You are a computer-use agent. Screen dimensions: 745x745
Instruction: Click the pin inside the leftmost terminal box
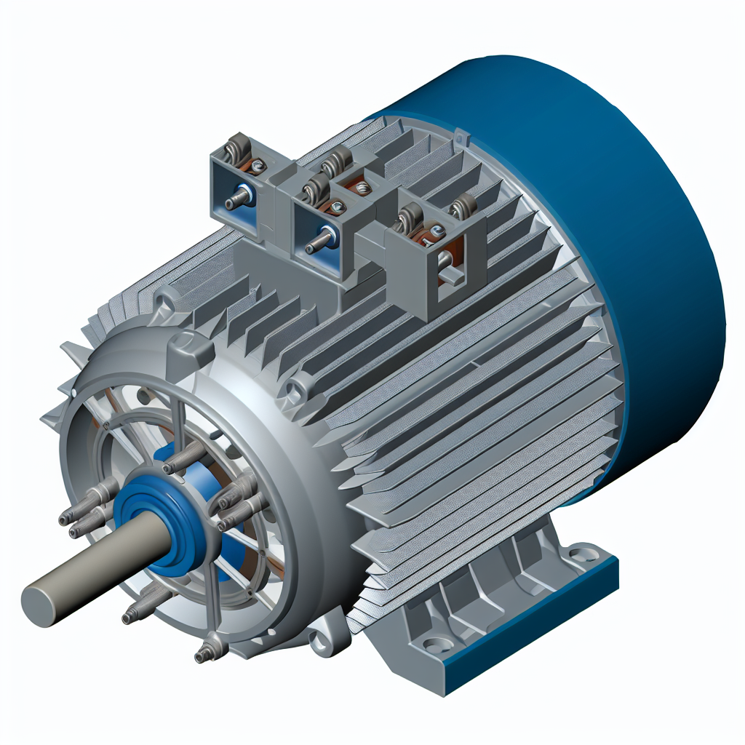237,200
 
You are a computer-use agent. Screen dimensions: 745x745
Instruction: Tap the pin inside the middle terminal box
318,242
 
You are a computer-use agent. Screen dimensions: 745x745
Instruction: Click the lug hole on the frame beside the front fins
295,390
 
